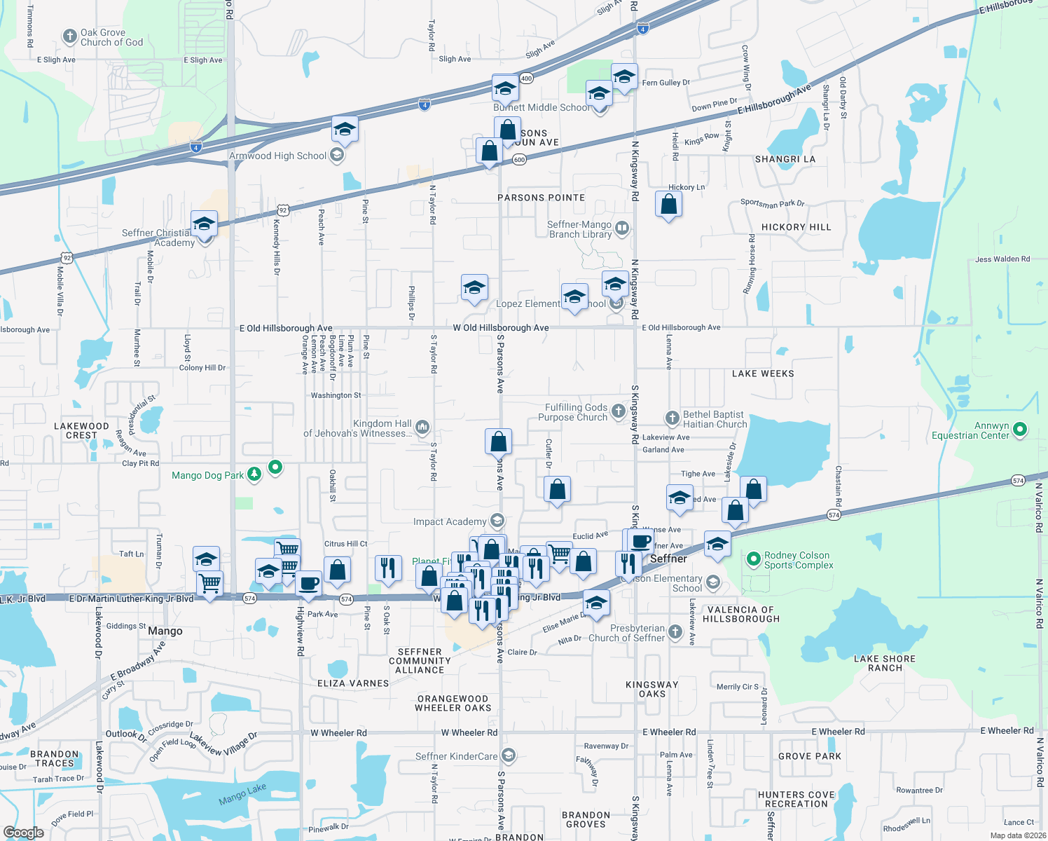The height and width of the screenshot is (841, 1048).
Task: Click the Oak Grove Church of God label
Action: coord(111,37)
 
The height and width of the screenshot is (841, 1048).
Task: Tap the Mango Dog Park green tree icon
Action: coord(254,474)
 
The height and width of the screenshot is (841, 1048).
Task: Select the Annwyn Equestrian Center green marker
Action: coord(1020,428)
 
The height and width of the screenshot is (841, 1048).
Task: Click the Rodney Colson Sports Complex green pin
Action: coord(754,559)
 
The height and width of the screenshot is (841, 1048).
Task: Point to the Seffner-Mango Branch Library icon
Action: coord(621,228)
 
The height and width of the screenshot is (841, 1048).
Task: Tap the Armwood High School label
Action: coord(278,156)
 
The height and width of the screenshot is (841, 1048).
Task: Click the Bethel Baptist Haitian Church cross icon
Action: coord(672,418)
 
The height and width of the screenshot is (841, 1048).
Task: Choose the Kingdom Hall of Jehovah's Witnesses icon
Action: coord(422,427)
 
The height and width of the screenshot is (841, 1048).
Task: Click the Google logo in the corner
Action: coord(23,832)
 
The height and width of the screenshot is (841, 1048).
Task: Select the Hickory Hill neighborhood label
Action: coord(796,227)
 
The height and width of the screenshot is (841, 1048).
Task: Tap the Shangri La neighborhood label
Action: coord(785,159)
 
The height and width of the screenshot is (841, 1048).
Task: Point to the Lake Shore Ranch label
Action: coord(885,663)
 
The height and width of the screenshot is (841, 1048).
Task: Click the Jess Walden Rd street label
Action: coord(1002,259)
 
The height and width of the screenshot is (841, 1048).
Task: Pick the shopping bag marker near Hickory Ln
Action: coord(668,204)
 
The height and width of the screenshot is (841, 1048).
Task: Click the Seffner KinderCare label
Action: coord(456,756)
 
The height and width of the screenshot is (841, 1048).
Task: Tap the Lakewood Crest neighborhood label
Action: coord(81,430)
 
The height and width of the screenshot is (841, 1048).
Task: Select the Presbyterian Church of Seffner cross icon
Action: coord(675,632)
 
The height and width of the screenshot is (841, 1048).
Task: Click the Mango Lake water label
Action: coord(242,794)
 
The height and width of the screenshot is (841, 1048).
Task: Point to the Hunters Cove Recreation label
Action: coord(796,799)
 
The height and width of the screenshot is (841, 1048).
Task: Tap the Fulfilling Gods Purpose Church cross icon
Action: coord(618,411)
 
